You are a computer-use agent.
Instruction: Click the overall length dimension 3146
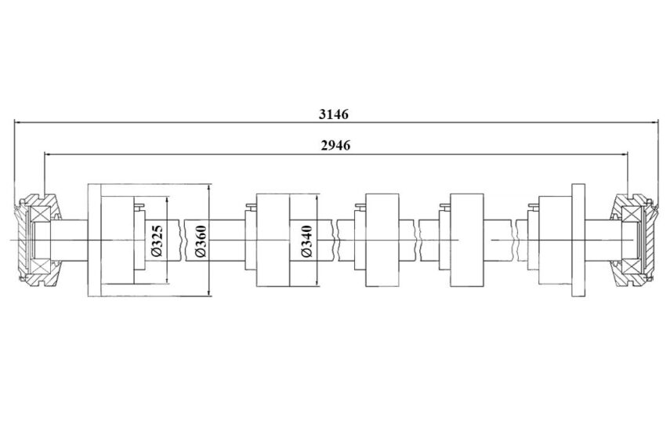tap(334, 114)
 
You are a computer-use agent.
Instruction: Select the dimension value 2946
tap(335, 146)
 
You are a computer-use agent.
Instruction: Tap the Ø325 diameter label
tap(157, 241)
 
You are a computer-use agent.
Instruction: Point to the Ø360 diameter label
tap(201, 241)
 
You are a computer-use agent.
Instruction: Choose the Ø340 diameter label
tap(307, 241)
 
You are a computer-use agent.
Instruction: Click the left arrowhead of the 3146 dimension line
tap(18, 122)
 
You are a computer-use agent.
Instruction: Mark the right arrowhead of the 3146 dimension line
tap(654, 122)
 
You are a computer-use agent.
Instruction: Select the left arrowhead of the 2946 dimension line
tap(49, 154)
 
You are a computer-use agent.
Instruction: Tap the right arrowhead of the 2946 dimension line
tap(624, 154)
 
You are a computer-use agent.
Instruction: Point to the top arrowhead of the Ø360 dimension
tap(209, 188)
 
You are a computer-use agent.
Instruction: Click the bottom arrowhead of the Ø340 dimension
tap(317, 282)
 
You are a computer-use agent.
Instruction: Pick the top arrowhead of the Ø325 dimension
tap(167, 201)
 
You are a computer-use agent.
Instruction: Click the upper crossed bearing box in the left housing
tap(39, 215)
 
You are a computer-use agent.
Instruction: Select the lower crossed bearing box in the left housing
tap(39, 266)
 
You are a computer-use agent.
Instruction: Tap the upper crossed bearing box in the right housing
tap(633, 215)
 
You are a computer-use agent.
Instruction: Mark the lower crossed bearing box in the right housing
tap(633, 266)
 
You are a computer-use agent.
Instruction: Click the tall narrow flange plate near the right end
tap(578, 240)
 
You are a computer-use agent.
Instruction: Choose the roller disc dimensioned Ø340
tap(273, 240)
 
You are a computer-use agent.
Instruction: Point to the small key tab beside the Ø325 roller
tap(139, 207)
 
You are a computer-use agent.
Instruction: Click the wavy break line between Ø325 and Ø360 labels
tap(183, 241)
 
